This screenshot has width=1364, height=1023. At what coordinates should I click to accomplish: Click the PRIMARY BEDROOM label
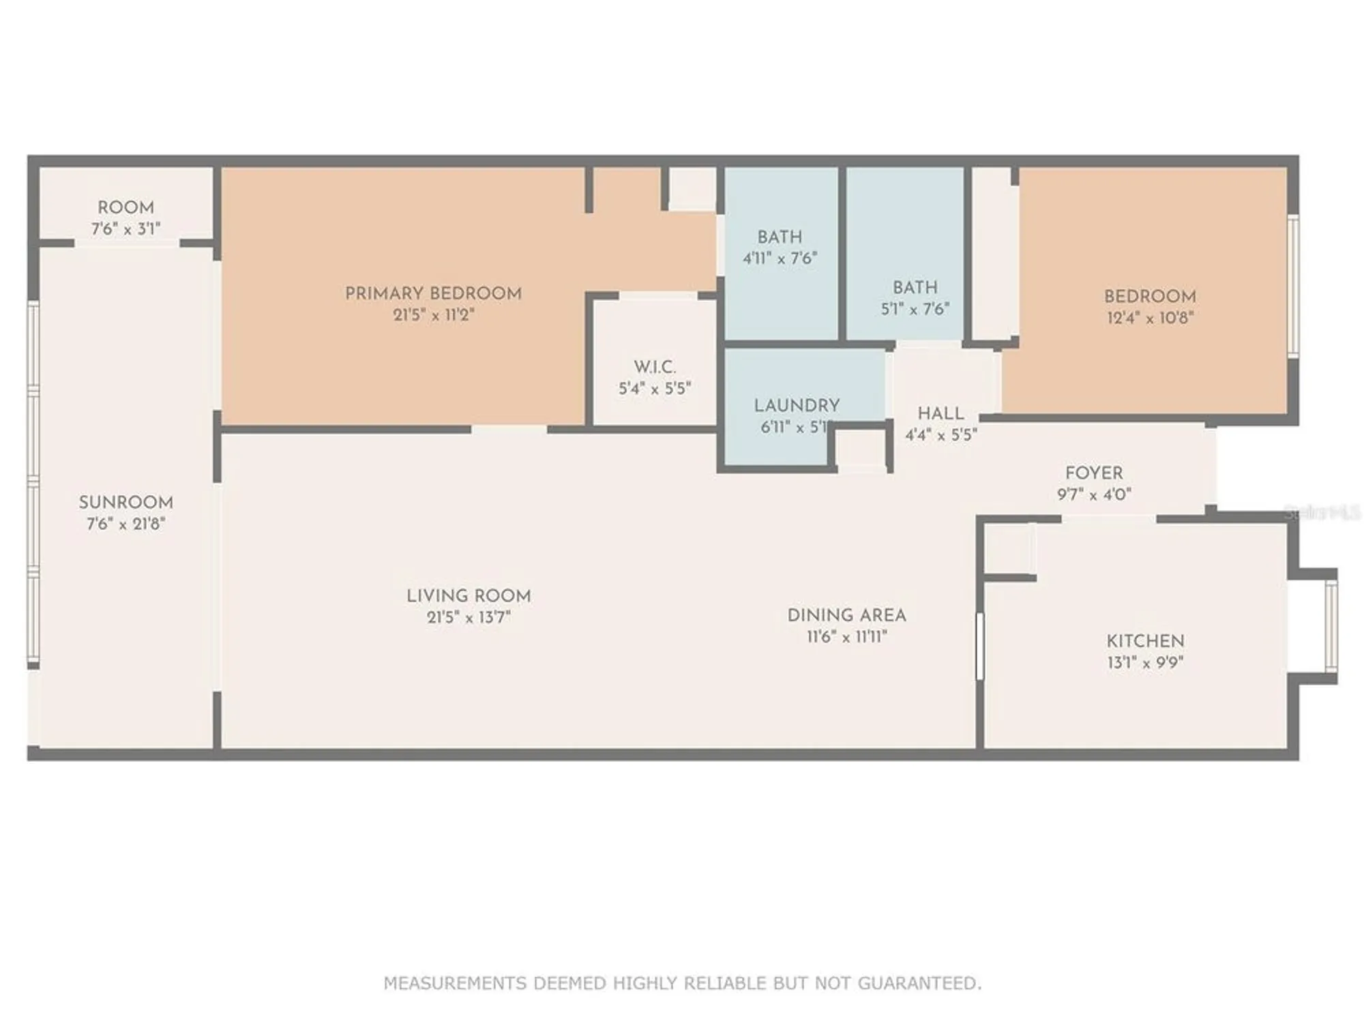pyautogui.click(x=433, y=293)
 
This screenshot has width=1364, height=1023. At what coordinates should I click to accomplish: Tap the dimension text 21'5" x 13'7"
pyautogui.click(x=469, y=617)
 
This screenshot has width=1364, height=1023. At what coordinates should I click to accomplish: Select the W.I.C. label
pyautogui.click(x=655, y=367)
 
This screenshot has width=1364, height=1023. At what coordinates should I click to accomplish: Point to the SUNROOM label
pyautogui.click(x=126, y=503)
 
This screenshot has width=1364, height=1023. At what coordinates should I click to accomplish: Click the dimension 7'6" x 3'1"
pyautogui.click(x=126, y=229)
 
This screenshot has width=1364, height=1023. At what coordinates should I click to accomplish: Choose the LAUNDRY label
pyautogui.click(x=797, y=406)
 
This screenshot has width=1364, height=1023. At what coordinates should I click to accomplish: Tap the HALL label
pyautogui.click(x=940, y=413)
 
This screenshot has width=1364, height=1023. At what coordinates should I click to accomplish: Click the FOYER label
pyautogui.click(x=1094, y=473)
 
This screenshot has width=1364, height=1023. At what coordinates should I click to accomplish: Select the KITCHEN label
pyautogui.click(x=1145, y=641)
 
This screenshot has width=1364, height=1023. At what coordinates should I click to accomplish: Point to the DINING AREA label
pyautogui.click(x=846, y=615)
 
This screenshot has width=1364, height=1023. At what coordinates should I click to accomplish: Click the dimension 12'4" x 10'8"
pyautogui.click(x=1150, y=318)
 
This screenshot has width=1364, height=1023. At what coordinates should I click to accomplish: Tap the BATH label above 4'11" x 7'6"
pyautogui.click(x=780, y=237)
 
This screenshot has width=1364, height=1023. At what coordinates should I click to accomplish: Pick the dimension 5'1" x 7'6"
pyautogui.click(x=915, y=309)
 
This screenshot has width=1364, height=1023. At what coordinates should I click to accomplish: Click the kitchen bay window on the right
pyautogui.click(x=1331, y=625)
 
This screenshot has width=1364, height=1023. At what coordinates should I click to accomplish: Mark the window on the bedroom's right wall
pyautogui.click(x=1293, y=286)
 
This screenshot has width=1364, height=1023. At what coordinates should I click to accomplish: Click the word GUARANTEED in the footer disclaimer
pyautogui.click(x=919, y=983)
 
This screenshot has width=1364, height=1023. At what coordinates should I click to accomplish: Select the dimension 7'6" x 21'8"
pyautogui.click(x=126, y=524)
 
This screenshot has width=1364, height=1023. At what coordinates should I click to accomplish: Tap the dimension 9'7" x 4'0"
pyautogui.click(x=1094, y=494)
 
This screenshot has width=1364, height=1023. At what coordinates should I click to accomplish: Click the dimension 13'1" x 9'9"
pyautogui.click(x=1145, y=662)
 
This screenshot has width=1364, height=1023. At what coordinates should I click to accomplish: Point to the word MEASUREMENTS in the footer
pyautogui.click(x=455, y=983)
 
